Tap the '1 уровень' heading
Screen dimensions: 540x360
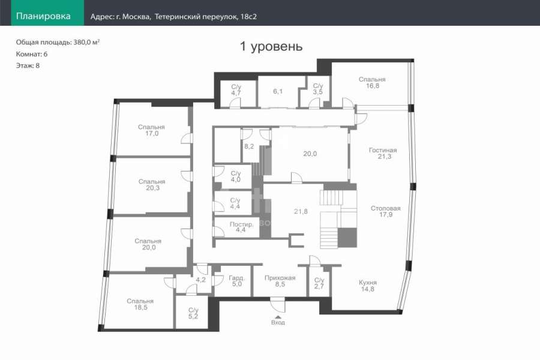271,46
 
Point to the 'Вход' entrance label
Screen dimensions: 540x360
278,323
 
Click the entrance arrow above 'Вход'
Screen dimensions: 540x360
278,317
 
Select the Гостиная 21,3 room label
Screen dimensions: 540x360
383,154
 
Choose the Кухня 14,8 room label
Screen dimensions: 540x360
368,286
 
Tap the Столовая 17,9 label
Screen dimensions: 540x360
386,211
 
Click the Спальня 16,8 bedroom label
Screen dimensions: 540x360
372,82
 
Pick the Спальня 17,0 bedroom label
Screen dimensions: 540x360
152,130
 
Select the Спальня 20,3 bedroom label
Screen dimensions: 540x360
152,185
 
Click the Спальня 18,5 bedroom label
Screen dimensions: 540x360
140,304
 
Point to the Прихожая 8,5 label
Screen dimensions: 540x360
280,281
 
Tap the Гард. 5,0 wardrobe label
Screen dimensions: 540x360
237,281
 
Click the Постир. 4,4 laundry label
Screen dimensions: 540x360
241,227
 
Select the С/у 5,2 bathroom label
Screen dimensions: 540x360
194,313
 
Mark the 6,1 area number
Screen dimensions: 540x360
278,91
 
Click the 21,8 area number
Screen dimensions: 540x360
301,212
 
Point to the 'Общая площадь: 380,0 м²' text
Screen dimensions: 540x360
58,43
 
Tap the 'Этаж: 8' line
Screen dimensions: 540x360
28,65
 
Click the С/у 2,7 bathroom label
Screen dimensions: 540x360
319,283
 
